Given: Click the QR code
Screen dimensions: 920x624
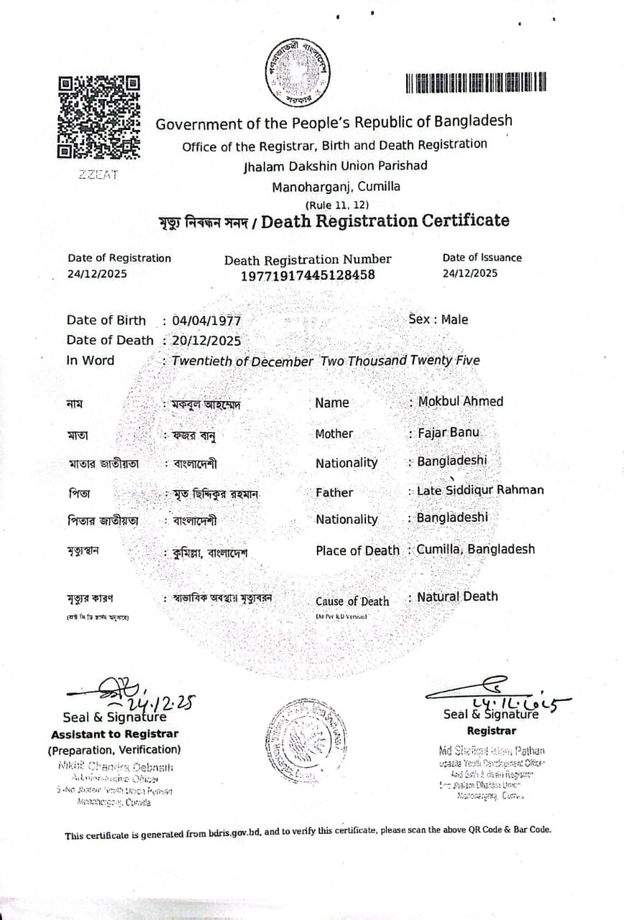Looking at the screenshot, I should click(98, 116).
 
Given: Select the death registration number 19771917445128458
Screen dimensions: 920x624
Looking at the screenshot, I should click(308, 275).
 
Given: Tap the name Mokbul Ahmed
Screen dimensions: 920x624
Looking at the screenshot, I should click(461, 401).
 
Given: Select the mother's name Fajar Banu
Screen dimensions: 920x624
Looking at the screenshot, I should click(448, 433).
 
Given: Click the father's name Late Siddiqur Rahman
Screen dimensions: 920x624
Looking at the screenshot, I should click(480, 490).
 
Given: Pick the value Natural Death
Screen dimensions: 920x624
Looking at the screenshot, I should click(457, 596).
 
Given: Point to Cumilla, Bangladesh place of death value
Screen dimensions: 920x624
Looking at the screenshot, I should click(476, 549).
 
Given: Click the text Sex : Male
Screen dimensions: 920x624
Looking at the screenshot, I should click(438, 319).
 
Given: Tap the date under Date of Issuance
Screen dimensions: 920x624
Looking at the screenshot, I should click(470, 273).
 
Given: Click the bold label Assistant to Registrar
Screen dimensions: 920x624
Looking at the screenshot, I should click(114, 734).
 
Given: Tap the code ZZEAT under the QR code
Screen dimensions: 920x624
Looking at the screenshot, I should click(98, 175).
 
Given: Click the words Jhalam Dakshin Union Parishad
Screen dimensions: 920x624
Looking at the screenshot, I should click(335, 165).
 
